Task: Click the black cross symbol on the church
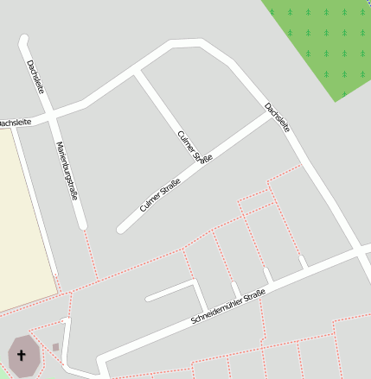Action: point(22,355)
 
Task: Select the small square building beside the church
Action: point(56,347)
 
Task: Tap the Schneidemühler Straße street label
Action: point(227,308)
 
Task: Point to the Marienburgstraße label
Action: point(67,170)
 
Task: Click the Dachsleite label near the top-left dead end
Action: point(35,78)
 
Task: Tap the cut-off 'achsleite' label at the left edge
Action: point(15,123)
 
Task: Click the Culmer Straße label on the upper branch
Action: point(195,148)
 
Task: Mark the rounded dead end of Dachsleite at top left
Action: point(23,40)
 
